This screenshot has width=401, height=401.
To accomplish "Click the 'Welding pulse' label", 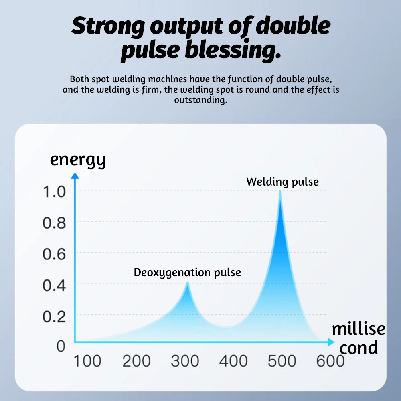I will click(x=282, y=182).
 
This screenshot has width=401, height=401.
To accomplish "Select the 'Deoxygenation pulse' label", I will click(x=187, y=273).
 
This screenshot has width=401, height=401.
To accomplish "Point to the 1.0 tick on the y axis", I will click(x=54, y=192).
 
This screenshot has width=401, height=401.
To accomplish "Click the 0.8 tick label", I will click(x=54, y=223).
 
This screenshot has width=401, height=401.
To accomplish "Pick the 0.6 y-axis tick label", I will click(x=54, y=254).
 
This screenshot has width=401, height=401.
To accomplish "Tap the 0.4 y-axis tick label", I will click(x=54, y=285).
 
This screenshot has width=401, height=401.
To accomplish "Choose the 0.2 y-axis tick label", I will click(x=54, y=317).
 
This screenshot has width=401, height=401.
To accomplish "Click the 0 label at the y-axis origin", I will click(x=60, y=346).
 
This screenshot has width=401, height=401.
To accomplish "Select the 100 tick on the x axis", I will click(x=87, y=361).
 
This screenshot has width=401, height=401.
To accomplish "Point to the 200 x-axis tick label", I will click(x=136, y=361).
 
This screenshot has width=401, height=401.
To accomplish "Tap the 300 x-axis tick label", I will click(x=185, y=361).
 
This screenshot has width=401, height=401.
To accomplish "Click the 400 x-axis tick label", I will click(x=233, y=361).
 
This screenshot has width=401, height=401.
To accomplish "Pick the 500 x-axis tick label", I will click(x=282, y=361).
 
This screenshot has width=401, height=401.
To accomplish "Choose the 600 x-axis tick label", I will click(x=330, y=361).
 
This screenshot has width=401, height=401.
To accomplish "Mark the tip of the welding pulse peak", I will click(x=280, y=191).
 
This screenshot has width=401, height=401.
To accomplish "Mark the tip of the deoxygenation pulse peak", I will click(x=187, y=283).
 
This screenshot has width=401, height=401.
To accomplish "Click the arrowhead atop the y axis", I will click(x=74, y=176).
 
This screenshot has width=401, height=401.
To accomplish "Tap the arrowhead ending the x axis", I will click(x=331, y=342).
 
